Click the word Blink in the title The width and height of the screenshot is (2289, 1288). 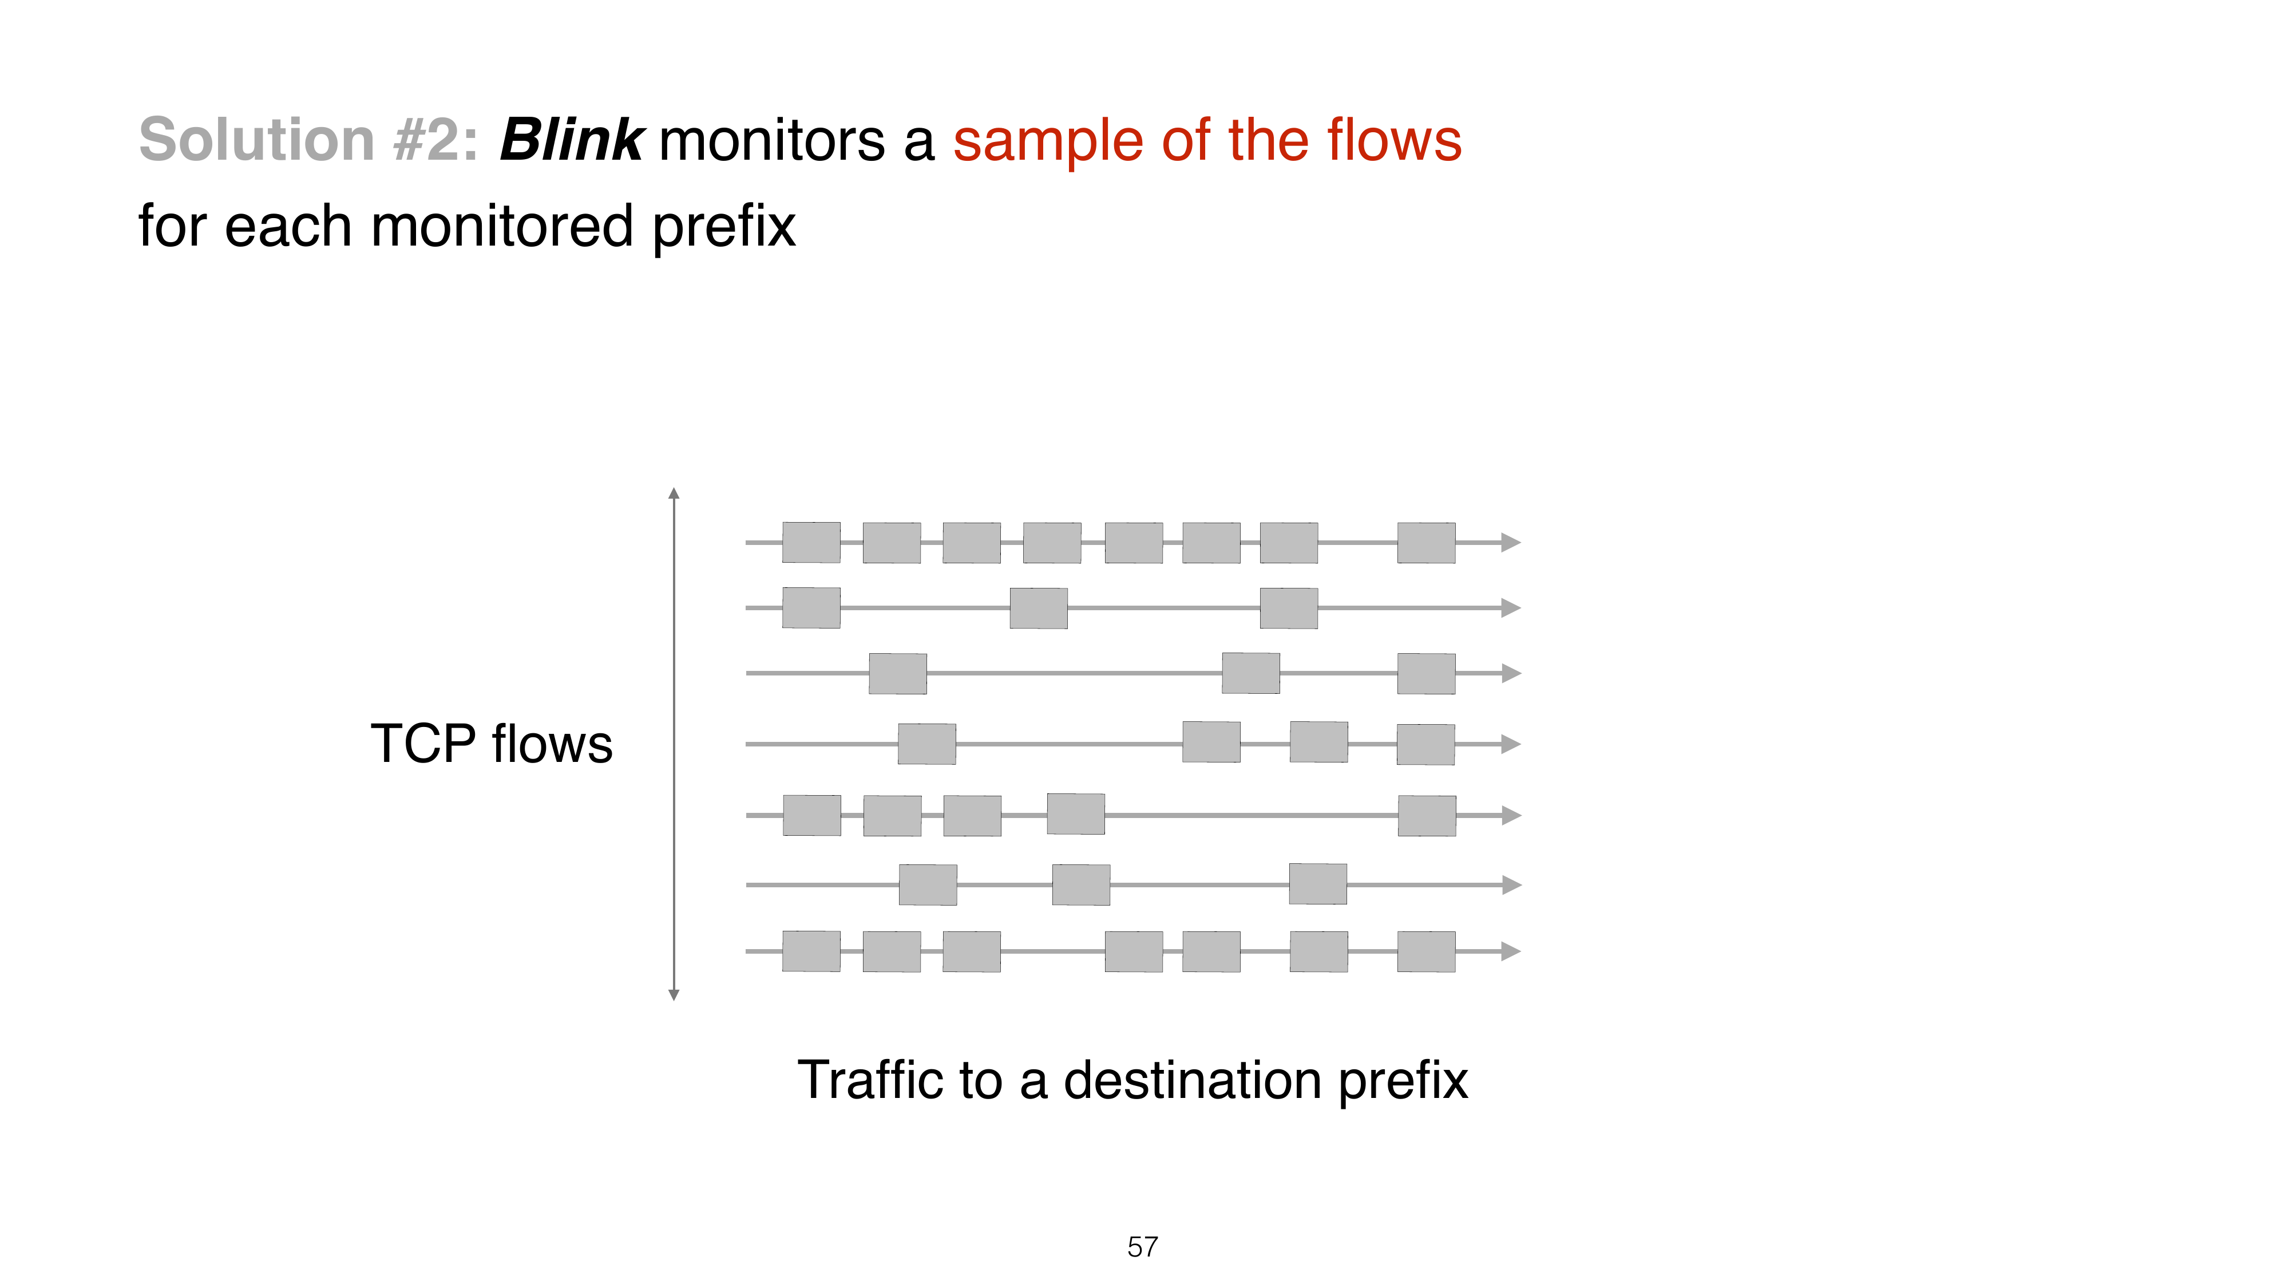(x=571, y=140)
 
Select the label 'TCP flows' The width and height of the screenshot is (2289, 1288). (x=492, y=744)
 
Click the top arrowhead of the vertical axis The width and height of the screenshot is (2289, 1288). (x=674, y=493)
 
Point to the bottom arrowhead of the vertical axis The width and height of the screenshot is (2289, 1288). (x=674, y=995)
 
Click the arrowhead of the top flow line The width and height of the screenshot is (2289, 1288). (x=1511, y=542)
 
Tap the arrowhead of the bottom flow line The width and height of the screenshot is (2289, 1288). (x=1511, y=951)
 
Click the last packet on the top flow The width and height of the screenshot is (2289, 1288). (x=1426, y=542)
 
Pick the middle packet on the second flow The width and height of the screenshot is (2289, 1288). (x=1039, y=608)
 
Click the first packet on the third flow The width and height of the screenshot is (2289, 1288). (x=897, y=673)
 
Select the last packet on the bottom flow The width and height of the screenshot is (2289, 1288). (x=1426, y=951)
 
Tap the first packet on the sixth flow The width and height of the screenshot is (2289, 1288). (x=928, y=884)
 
